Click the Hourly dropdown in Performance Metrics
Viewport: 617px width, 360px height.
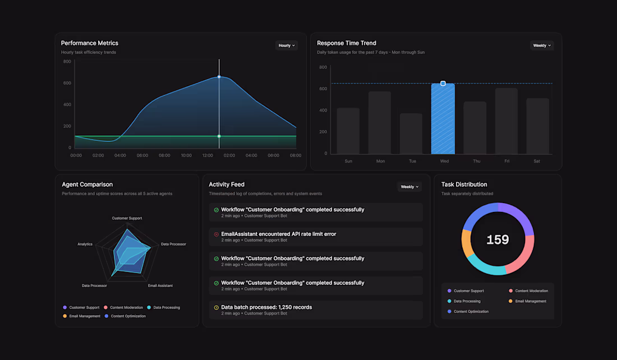[287, 45]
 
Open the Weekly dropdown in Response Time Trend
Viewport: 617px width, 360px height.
[542, 45]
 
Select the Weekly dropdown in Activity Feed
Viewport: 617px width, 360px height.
[409, 187]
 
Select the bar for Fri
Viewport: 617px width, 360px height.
[507, 121]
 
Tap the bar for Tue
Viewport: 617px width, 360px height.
[411, 134]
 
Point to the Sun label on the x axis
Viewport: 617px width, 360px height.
[348, 161]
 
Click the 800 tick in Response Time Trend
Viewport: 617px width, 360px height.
[323, 67]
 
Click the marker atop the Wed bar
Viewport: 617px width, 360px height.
[443, 84]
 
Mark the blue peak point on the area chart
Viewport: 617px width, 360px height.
[219, 77]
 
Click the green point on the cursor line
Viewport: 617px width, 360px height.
[219, 136]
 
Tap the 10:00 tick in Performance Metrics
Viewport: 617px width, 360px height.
[186, 155]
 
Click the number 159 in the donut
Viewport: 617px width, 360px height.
[498, 240]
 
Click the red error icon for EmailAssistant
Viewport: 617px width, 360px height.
[217, 234]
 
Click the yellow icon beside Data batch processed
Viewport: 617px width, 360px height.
[217, 307]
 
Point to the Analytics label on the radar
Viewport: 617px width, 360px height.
[85, 244]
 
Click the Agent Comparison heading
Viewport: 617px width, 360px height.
[87, 184]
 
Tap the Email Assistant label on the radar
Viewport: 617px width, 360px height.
[160, 286]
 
